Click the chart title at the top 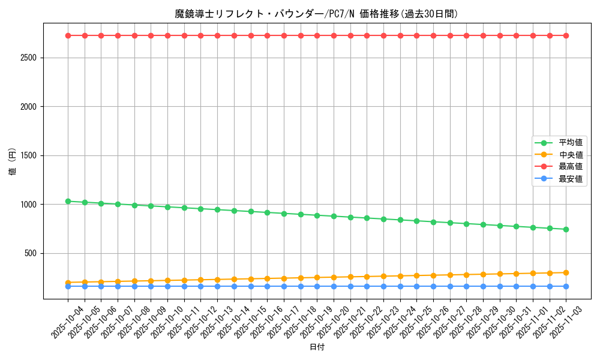coord(316,14)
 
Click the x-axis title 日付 coord(317,347)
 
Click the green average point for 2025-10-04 coord(68,201)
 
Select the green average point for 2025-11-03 coord(566,229)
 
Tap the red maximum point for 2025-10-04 coord(68,35)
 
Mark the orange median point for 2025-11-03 coord(566,272)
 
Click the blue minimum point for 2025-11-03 coord(566,286)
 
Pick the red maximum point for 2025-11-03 coord(566,35)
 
